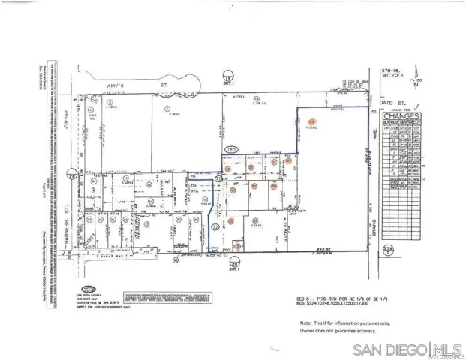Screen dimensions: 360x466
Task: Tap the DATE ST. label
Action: [x=388, y=102]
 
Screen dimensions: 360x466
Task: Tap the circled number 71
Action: [x=219, y=180]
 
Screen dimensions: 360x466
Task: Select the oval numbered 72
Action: [x=215, y=226]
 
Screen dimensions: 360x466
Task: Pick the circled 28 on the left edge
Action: [x=71, y=175]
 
